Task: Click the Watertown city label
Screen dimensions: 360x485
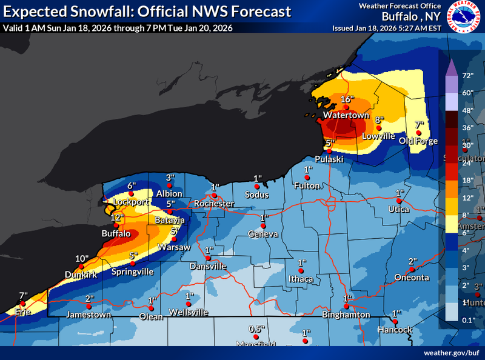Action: [x=346, y=115]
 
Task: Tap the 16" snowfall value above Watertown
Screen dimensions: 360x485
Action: [x=346, y=99]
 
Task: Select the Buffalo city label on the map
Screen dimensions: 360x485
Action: [x=116, y=233]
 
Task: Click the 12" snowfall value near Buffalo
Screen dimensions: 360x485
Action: [x=117, y=217]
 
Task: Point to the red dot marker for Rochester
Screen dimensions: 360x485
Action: [x=213, y=196]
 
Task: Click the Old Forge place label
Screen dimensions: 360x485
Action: [x=418, y=141]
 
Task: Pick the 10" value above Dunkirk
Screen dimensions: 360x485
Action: [x=82, y=259]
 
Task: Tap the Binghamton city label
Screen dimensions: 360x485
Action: [x=346, y=315]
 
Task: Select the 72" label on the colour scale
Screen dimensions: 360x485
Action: [x=467, y=76]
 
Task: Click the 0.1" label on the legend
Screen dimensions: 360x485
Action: [x=467, y=319]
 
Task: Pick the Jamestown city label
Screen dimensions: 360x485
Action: [x=89, y=315]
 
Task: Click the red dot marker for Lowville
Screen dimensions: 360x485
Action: [x=378, y=128]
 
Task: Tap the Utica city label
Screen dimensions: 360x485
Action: [x=399, y=209]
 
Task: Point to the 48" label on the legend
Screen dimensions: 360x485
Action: [x=467, y=110]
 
